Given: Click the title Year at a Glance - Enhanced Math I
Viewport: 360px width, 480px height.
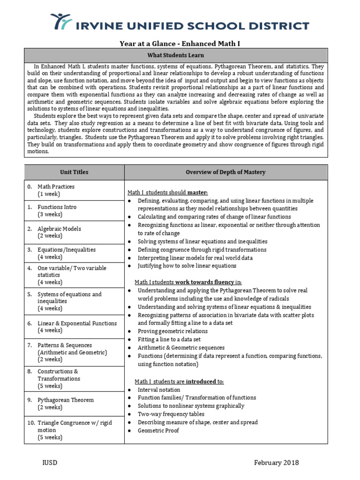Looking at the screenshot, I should tap(180, 44).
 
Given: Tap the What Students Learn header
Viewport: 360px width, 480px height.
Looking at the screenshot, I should tap(180, 55).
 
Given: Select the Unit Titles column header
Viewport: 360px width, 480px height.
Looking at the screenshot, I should tap(74, 172).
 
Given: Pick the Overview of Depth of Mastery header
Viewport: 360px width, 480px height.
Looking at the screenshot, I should tap(225, 172).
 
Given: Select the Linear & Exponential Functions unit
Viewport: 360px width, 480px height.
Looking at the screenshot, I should tap(77, 323).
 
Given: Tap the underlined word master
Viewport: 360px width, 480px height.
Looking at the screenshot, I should tap(197, 192).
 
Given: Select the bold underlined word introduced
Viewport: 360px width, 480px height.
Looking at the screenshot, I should tap(201, 382).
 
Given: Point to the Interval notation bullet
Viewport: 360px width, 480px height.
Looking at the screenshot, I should tap(158, 390).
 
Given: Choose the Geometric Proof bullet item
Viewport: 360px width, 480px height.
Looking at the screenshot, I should tap(158, 430).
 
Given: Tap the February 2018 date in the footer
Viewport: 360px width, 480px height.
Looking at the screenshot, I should tap(276, 463).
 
